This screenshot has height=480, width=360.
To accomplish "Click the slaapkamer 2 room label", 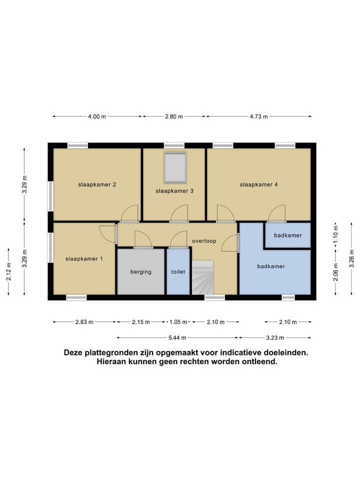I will click(x=97, y=184).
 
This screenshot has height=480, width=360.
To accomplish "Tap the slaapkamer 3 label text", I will click(x=174, y=190).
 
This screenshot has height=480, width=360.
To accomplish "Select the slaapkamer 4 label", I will click(x=258, y=184).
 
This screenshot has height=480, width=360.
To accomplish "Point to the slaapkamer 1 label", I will click(x=84, y=258).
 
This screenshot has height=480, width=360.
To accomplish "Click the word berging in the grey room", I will click(x=140, y=271).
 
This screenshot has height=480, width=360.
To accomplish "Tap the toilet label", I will click(x=178, y=271).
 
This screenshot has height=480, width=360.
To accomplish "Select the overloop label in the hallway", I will click(x=204, y=240).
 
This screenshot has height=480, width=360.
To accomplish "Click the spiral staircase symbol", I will click(x=202, y=277).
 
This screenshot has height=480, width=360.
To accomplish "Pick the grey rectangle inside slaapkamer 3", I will click(x=175, y=167).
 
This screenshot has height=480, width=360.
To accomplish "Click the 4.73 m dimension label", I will click(x=258, y=116).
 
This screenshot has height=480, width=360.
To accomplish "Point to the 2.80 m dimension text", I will click(x=174, y=116).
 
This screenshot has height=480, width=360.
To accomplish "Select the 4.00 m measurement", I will click(x=97, y=116).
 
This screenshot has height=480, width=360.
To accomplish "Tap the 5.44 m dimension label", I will click(x=177, y=337).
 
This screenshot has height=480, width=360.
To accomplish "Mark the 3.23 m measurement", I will click(x=275, y=337).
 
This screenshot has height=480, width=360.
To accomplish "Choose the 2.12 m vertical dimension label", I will click(x=8, y=272).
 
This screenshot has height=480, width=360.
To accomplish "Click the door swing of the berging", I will click(x=142, y=239).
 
